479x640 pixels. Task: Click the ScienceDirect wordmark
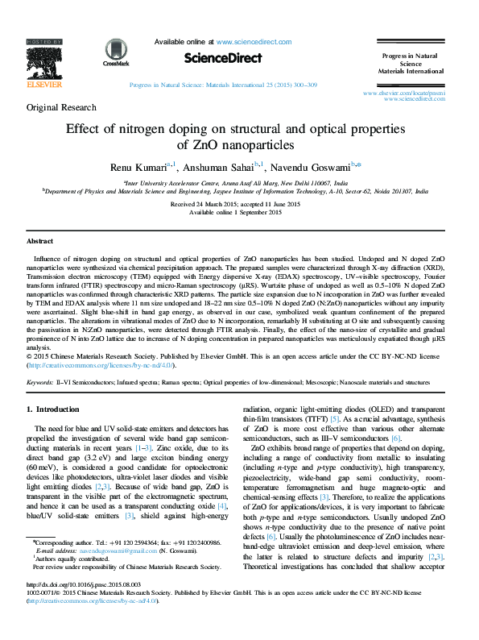coord(223,58)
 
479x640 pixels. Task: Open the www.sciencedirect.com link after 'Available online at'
coord(251,41)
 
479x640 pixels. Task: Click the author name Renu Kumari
coord(138,167)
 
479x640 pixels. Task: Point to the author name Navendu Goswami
coord(315,167)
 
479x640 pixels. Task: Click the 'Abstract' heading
coord(40,241)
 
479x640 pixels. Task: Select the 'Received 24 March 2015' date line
coord(202,205)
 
